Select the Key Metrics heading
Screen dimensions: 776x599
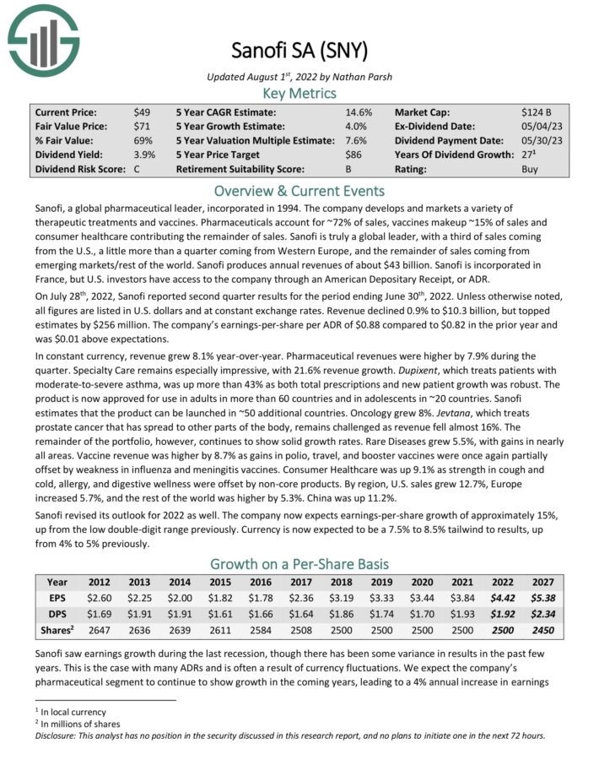pos(299,93)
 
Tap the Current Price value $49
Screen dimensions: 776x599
pos(141,111)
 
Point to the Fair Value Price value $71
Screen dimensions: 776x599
pos(141,126)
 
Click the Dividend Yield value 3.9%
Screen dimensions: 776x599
pos(143,155)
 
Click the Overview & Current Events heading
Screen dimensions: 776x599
pos(299,190)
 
